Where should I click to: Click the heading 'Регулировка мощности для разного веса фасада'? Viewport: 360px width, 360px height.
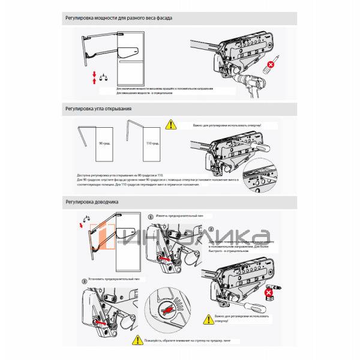119,18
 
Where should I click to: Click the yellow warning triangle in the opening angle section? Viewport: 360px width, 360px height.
172,125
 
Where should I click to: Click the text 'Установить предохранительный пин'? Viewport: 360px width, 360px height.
113,280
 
